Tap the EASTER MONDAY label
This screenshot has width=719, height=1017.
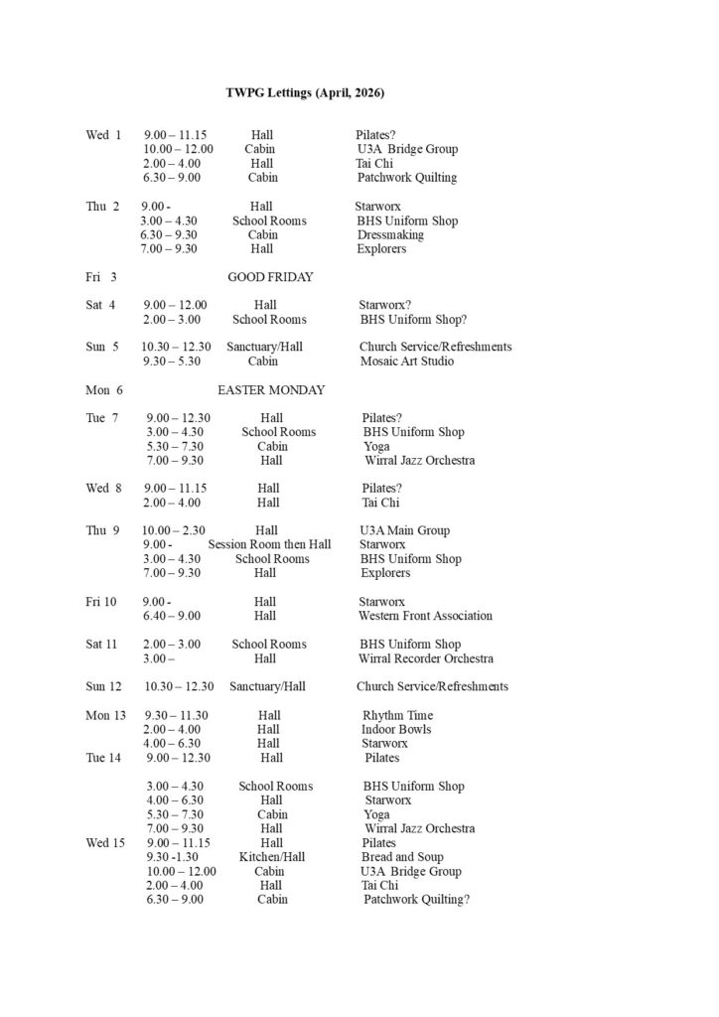pyautogui.click(x=270, y=390)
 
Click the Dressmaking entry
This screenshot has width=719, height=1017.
pyautogui.click(x=390, y=235)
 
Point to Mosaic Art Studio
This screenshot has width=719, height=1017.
pyautogui.click(x=406, y=362)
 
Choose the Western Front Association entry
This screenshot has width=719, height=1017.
pyautogui.click(x=425, y=616)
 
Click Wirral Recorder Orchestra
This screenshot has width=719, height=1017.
pyautogui.click(x=426, y=658)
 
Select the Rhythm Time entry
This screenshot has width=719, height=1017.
pyautogui.click(x=397, y=715)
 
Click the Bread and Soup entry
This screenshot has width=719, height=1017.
pyautogui.click(x=402, y=857)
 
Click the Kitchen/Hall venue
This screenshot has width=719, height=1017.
pyautogui.click(x=271, y=857)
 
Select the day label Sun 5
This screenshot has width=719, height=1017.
pyautogui.click(x=102, y=348)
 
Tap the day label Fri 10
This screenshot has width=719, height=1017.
pyautogui.click(x=101, y=602)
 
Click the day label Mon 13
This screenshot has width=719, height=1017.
pyautogui.click(x=105, y=715)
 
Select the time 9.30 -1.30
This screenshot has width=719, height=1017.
pyautogui.click(x=173, y=857)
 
